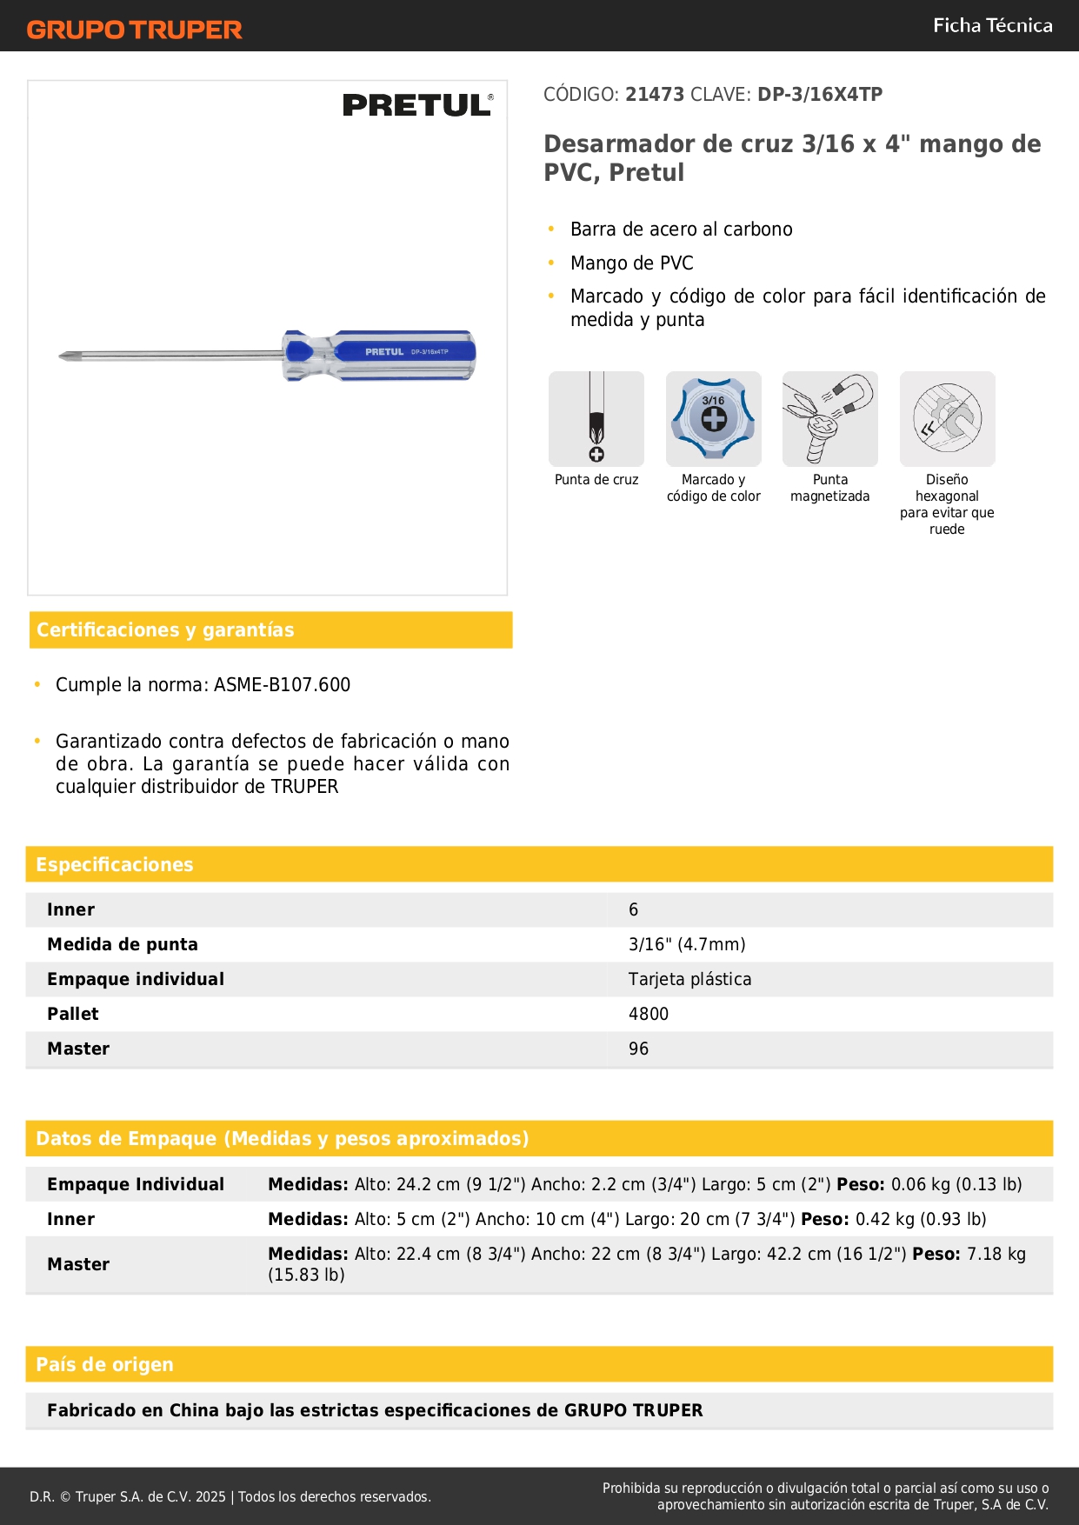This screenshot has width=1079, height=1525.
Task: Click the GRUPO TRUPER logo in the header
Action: pos(134,30)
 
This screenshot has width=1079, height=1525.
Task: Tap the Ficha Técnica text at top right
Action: pos(992,25)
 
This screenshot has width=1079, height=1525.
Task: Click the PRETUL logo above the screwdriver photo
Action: pos(417,105)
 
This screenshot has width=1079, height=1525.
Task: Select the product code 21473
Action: pos(655,94)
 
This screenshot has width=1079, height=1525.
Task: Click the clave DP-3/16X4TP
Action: pos(820,94)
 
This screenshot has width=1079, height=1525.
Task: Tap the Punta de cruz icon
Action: pos(596,419)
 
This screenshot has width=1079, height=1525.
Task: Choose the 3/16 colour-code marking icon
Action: pos(713,419)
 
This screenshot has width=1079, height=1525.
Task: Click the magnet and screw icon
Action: pos(829,419)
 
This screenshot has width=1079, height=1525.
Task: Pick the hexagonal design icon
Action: pos(947,419)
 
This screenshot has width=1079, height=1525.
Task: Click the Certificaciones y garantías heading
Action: pos(165,629)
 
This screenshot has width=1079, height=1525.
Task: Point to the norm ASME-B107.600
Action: pos(282,684)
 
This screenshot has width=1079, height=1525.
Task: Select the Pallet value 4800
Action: pos(649,1014)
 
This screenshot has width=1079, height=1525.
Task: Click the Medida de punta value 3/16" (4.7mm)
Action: pos(687,944)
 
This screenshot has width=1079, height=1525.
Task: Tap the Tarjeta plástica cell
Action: pos(689,979)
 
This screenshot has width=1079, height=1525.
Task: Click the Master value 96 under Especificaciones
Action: pos(638,1049)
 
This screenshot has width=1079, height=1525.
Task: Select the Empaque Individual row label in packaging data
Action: pos(136,1184)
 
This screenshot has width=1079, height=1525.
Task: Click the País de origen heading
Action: pos(104,1364)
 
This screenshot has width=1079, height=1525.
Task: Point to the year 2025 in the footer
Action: pos(210,1496)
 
